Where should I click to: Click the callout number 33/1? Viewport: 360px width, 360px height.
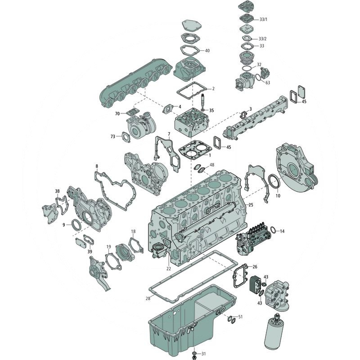264,19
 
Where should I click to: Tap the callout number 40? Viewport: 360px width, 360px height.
207,50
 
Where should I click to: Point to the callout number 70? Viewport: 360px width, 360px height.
117,114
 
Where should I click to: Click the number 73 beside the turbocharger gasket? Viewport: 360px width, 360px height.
113,136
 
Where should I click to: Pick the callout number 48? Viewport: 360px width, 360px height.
212,165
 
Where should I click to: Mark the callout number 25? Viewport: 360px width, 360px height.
251,205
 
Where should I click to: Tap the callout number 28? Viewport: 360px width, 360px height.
148,298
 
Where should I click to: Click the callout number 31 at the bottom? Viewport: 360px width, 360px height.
203,353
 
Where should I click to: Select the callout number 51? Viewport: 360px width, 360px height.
240,317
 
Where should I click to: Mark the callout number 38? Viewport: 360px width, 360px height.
57,191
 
